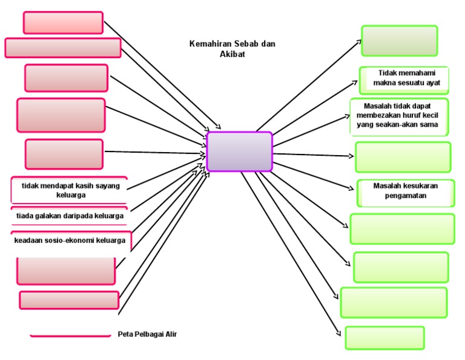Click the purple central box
pos(239,152)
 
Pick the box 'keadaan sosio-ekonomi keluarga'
pos(70,240)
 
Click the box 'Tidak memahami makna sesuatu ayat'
pos(404,78)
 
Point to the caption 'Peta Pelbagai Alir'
pos(147,334)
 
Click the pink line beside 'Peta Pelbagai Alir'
pos(70,335)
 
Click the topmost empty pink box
pos(63,22)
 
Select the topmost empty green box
pos(399,41)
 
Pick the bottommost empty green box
pos(384,338)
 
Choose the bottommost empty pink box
pos(69,300)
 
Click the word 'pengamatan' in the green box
pos(406,196)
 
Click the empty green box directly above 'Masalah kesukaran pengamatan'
pos(403,157)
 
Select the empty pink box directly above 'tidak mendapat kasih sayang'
pos(64,154)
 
